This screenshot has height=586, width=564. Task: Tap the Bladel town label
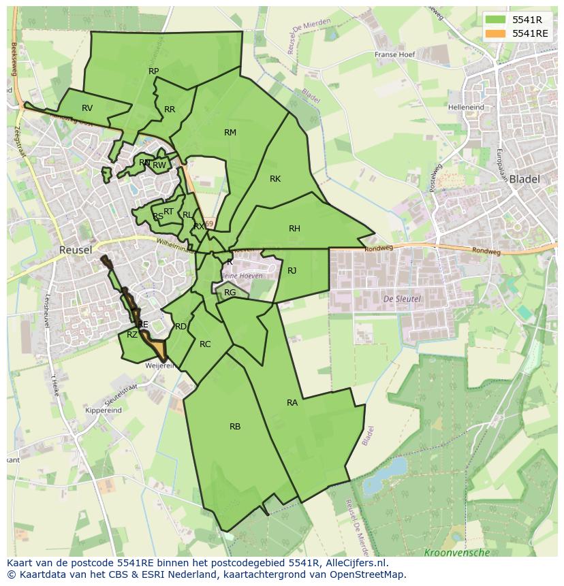point(524,180)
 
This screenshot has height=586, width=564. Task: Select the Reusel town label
point(75,250)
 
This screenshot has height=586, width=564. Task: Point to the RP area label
point(153,71)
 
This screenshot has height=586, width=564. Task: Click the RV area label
point(87,108)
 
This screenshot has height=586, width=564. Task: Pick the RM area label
point(230,133)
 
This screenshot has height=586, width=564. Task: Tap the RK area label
point(275,179)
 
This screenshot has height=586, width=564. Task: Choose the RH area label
point(294,229)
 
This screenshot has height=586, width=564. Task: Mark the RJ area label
point(292,271)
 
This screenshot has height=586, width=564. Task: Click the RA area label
point(292,403)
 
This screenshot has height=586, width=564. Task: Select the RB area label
point(235,427)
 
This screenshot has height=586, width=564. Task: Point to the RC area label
point(205,344)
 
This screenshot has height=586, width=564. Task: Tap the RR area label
point(170,110)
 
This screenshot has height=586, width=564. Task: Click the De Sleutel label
point(402,299)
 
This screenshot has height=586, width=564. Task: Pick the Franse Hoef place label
point(395,55)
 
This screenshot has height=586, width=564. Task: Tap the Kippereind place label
point(104,410)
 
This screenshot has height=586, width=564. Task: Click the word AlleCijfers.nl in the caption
point(354,563)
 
